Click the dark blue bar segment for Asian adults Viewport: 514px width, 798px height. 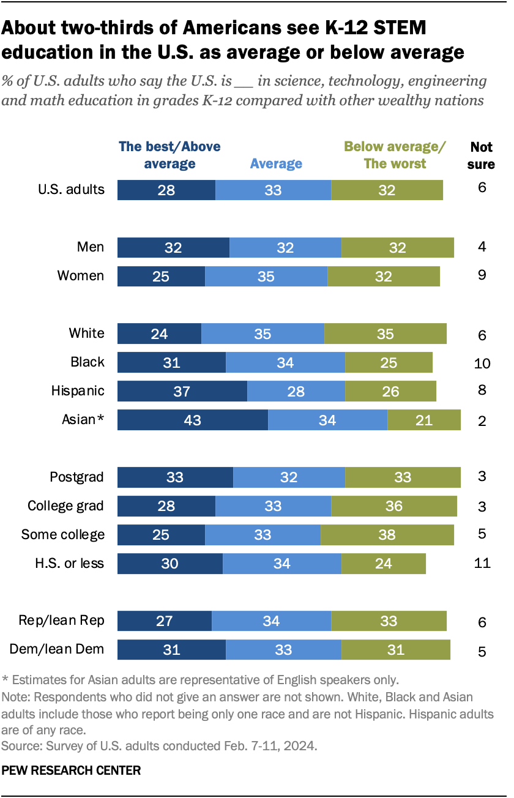192,420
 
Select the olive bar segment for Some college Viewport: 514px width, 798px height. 387,534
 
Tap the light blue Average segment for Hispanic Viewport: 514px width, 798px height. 296,391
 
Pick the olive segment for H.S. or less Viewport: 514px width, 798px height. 383,563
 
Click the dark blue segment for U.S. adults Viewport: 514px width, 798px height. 166,190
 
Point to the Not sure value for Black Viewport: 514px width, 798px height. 482,363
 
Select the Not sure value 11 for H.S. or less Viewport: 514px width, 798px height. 482,563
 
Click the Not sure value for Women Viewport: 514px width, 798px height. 482,275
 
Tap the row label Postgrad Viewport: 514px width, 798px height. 76,477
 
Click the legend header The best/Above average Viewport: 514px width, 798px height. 169,155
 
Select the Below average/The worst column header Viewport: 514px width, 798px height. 395,155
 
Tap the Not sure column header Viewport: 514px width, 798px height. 482,155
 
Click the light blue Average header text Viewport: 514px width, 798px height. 276,163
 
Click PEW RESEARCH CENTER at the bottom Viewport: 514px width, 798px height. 72,770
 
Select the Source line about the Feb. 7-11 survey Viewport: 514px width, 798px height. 160,745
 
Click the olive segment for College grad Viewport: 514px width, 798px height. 393,505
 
